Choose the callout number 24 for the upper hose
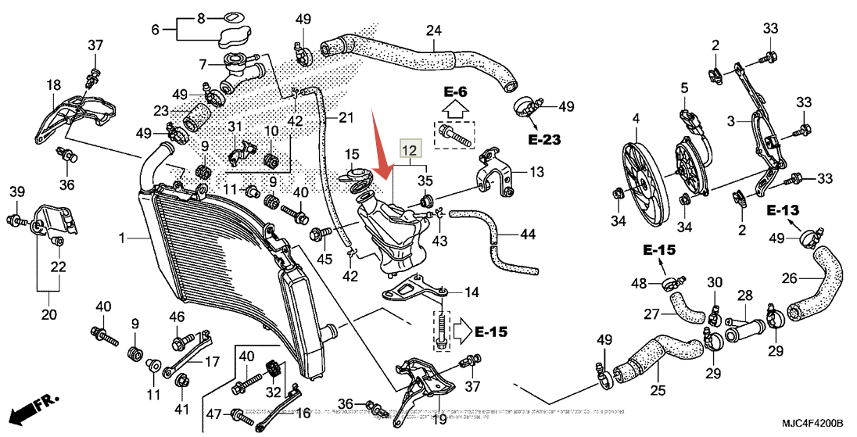click(433, 30)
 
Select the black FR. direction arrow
click(34, 409)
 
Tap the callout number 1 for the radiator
click(122, 236)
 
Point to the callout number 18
click(53, 84)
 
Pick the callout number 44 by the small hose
click(528, 234)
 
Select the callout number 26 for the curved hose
click(789, 277)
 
